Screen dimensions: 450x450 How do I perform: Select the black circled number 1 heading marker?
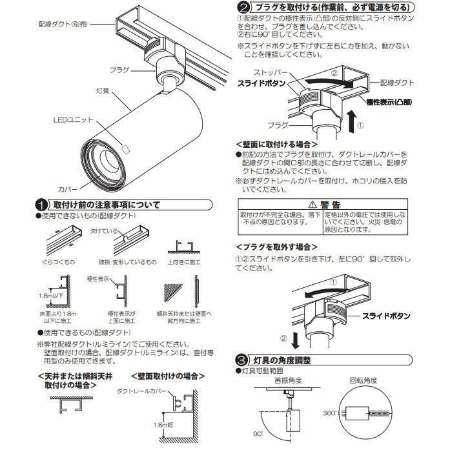coord(41,206)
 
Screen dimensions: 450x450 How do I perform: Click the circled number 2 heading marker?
coord(241,8)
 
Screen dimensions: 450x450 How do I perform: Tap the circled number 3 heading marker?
coord(241,358)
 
